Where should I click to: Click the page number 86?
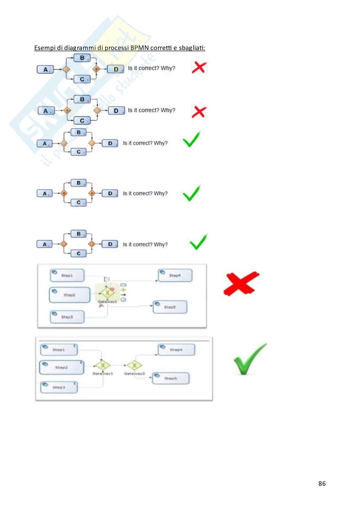point(322,483)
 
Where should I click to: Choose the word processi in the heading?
point(117,48)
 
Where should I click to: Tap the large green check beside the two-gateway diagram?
point(249,359)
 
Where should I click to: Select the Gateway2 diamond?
point(135,365)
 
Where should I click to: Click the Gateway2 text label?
point(135,374)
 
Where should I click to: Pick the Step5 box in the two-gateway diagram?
point(171,378)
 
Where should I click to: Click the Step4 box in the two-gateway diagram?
point(176,350)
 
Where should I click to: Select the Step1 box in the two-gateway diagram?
point(59,350)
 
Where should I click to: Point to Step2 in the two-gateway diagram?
point(61,367)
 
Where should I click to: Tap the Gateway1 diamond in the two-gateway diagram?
point(103,365)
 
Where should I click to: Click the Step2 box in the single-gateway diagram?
point(70,295)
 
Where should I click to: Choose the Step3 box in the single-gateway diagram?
point(67,317)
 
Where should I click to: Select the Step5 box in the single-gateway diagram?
point(170,307)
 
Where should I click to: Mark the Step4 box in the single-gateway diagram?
point(175,276)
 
